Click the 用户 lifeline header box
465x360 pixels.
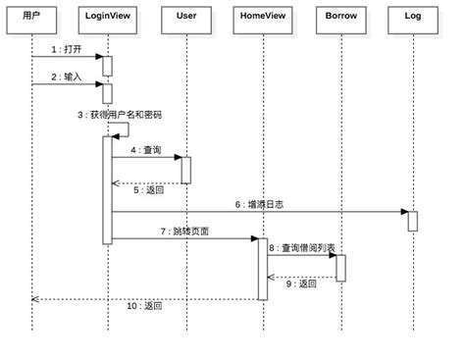point(31,17)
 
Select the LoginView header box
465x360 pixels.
point(109,17)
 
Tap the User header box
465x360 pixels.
point(185,17)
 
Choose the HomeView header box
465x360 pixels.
point(262,17)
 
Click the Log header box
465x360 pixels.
point(413,17)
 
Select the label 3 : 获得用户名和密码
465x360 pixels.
point(120,115)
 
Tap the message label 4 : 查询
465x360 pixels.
point(145,151)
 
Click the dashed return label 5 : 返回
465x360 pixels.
point(148,190)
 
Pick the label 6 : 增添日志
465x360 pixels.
point(257,204)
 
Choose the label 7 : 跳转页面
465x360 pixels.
point(183,231)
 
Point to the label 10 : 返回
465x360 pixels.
point(145,306)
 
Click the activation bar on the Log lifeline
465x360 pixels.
point(413,221)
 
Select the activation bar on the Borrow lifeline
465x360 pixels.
point(340,267)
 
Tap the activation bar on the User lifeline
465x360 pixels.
point(185,169)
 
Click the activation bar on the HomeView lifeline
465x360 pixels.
point(263,268)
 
